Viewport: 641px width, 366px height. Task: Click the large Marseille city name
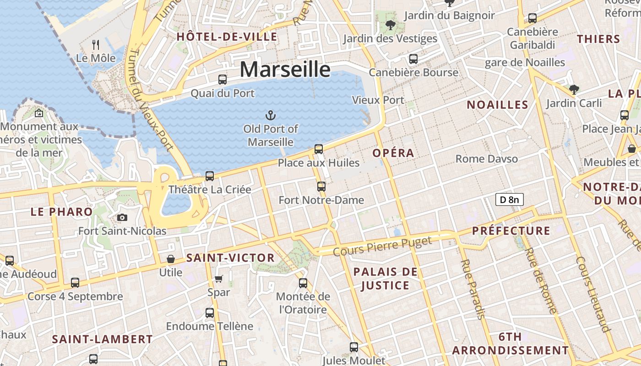285,70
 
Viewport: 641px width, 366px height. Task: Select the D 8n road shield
509,199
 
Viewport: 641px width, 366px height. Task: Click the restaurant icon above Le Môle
96,44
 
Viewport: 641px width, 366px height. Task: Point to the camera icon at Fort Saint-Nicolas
122,217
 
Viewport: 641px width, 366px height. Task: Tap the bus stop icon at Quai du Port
223,79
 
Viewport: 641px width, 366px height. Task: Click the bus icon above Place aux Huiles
319,149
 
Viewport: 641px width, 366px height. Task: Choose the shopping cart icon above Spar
219,279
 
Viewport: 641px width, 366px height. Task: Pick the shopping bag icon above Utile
171,259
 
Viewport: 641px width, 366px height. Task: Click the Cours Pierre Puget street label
382,246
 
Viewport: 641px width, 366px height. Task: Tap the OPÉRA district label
393,153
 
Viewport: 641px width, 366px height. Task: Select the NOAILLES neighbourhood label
497,105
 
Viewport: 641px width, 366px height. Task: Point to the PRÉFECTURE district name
511,231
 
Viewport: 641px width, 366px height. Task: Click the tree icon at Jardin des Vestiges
391,25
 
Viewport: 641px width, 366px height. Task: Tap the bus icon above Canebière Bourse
413,59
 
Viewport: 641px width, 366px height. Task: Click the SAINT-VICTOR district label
230,258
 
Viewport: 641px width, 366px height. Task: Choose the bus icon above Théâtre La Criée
210,176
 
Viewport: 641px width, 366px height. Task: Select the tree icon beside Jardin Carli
574,89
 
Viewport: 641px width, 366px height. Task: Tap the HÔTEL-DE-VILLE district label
227,37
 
